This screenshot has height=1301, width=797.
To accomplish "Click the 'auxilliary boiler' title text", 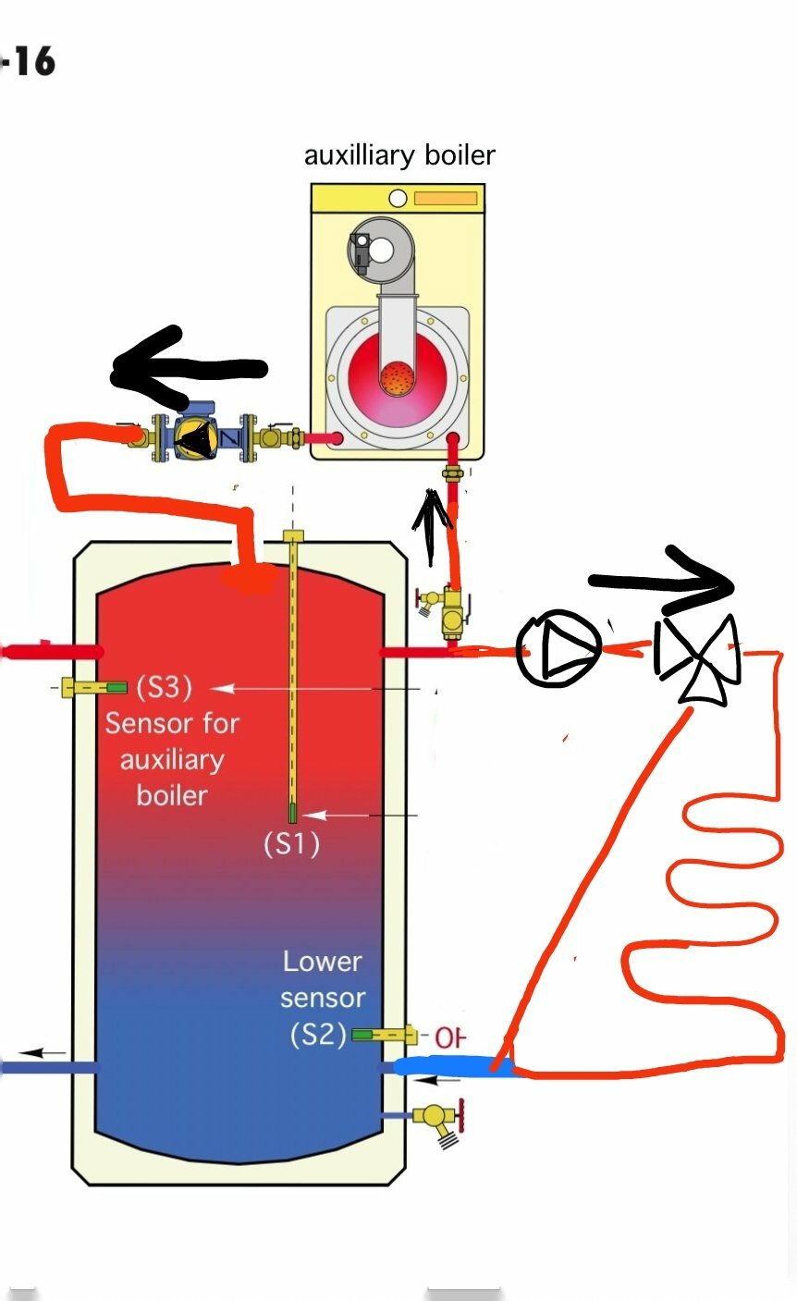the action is (x=399, y=155).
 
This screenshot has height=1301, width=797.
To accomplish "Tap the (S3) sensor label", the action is (x=165, y=688).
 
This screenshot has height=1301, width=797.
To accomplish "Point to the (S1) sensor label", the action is (x=291, y=843).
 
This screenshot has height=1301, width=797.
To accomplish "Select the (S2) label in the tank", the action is (x=318, y=1035).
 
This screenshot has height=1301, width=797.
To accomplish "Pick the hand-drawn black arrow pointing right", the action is (x=662, y=580).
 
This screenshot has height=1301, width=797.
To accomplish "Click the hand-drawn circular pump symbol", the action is (x=558, y=647).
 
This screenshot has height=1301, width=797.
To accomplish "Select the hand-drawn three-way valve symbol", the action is (x=697, y=657).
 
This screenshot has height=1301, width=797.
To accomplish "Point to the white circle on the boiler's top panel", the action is (x=398, y=198).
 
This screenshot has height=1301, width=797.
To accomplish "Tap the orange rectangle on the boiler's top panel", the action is (x=446, y=199).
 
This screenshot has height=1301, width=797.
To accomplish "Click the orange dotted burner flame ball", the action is (x=398, y=377).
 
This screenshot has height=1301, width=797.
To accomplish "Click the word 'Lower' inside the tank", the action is (x=323, y=962).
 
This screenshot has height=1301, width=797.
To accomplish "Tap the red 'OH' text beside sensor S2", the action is (x=451, y=1037).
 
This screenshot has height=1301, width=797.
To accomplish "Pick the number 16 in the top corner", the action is (x=35, y=62).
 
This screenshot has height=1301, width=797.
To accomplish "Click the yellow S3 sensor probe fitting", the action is (x=94, y=688).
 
